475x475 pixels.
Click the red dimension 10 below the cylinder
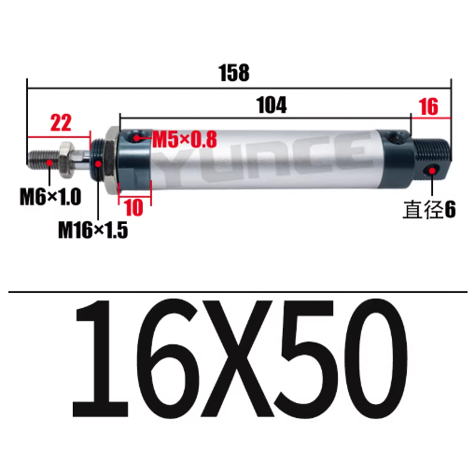(x=133, y=207)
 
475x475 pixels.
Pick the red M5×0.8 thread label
(x=184, y=140)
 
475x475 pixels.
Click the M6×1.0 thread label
(x=52, y=199)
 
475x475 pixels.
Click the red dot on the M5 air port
(x=139, y=140)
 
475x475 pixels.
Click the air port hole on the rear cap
(x=398, y=140)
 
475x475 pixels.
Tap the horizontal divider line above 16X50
(x=239, y=291)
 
